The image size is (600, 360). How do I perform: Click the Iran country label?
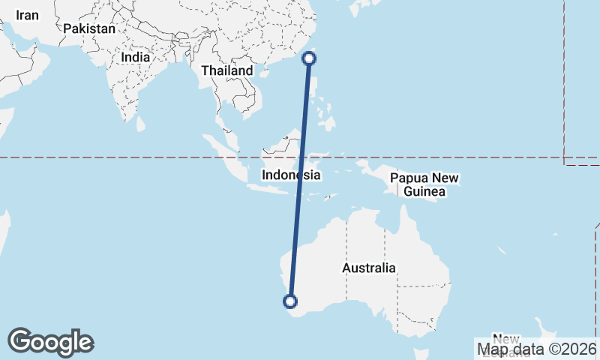28,15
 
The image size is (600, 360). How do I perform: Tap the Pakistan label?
89,29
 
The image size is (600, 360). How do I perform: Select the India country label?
136,57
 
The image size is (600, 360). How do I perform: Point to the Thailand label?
227,70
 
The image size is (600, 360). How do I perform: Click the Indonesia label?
292,175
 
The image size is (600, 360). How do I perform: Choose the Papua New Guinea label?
424,185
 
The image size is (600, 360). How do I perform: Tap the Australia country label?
369,268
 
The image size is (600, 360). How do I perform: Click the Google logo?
50,342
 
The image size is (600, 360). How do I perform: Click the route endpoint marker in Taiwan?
309,58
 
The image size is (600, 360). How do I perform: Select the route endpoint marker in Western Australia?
290,301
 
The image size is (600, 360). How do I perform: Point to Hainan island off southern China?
262,73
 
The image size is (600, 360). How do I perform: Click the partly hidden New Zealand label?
505,340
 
